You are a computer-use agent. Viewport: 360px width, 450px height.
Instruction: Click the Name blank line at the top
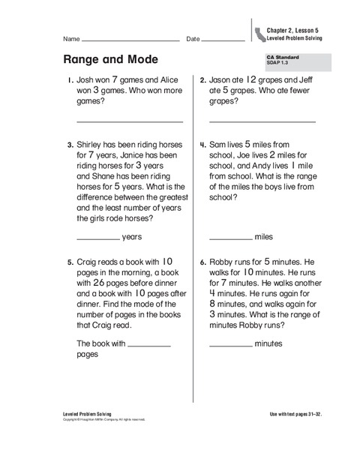130,39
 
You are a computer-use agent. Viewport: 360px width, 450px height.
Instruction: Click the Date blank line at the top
223,39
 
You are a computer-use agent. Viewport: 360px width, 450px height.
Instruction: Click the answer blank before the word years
98,236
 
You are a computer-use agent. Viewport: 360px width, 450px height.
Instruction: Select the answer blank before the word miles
230,236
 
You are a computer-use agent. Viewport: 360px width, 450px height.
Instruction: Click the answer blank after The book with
149,343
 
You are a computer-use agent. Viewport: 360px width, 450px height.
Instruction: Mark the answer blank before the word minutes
230,343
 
